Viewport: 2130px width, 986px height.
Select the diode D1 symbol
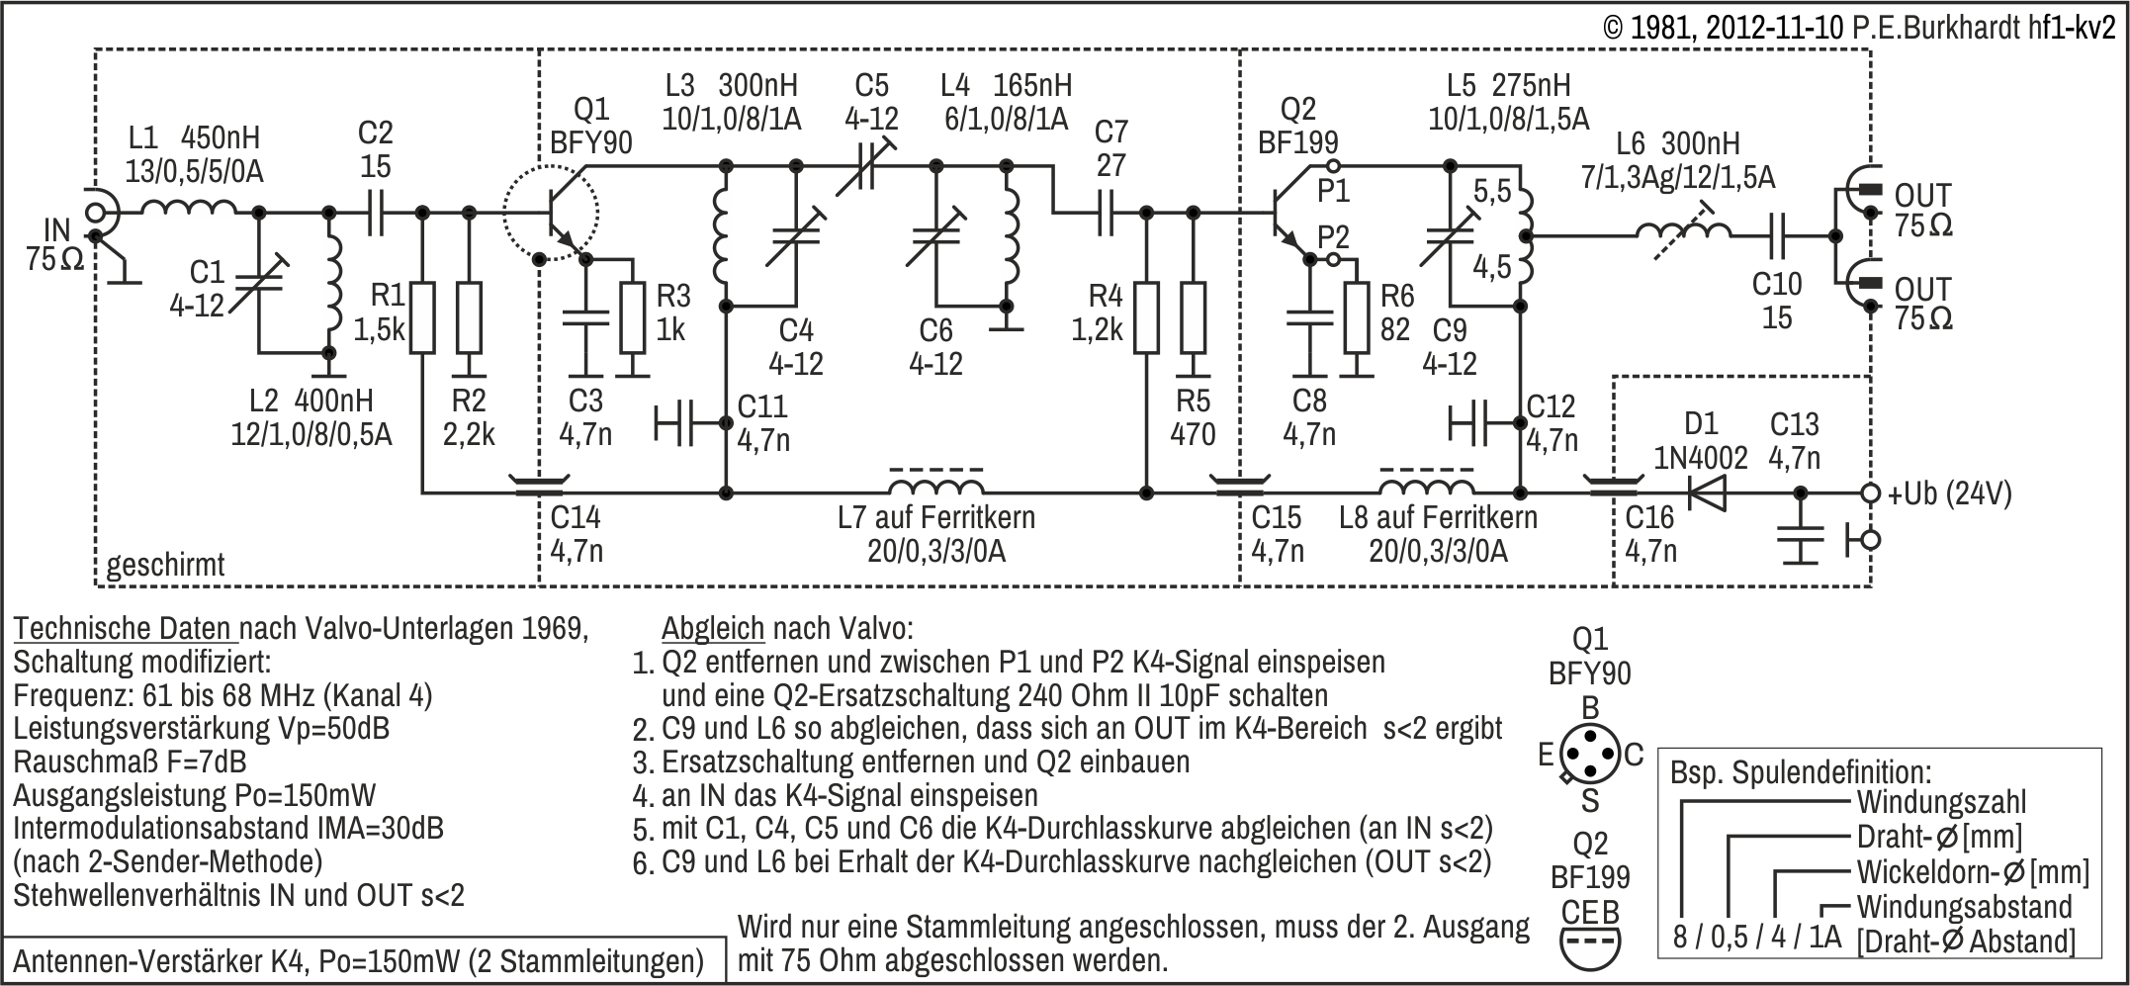pyautogui.click(x=1706, y=492)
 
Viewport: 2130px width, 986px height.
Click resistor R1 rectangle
pyautogui.click(x=422, y=316)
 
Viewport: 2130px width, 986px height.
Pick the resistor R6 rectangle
pyautogui.click(x=1358, y=316)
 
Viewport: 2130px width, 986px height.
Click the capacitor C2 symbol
pyautogui.click(x=375, y=212)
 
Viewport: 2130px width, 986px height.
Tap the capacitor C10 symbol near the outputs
pyautogui.click(x=1777, y=235)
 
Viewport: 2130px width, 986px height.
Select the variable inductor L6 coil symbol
pyautogui.click(x=1683, y=233)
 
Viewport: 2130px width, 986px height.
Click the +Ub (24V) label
pyautogui.click(x=1949, y=493)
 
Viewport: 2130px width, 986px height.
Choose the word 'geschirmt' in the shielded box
pyautogui.click(x=165, y=565)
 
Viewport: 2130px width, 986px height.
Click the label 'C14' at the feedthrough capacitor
pyautogui.click(x=575, y=517)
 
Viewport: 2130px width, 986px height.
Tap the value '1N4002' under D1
pyautogui.click(x=1701, y=458)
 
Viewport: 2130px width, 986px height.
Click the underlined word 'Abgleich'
pyautogui.click(x=713, y=628)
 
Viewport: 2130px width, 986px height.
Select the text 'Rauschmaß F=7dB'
pyautogui.click(x=130, y=762)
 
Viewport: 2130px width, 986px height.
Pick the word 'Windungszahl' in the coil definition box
pyautogui.click(x=1941, y=802)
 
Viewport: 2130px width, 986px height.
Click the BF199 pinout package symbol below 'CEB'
pyautogui.click(x=1589, y=946)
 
